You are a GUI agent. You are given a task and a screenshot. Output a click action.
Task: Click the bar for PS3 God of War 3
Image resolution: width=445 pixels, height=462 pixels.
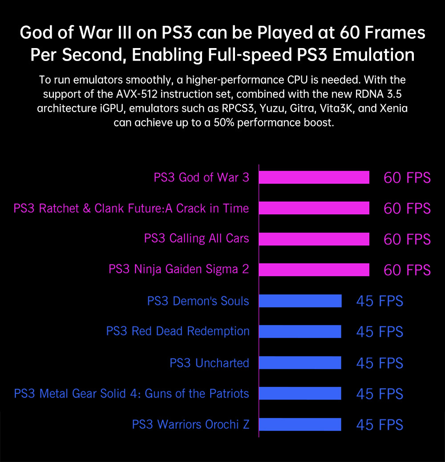(314, 177)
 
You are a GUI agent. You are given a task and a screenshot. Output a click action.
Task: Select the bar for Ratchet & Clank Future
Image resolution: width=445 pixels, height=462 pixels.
(314, 208)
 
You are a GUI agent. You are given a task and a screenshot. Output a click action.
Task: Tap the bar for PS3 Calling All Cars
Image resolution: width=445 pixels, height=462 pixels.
(314, 239)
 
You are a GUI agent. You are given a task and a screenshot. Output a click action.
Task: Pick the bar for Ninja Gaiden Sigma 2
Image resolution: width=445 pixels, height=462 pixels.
(314, 270)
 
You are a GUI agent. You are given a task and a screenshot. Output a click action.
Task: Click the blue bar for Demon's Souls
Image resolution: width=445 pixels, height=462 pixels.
(300, 301)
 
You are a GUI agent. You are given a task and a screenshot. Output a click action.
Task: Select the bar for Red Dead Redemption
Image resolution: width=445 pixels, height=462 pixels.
(300, 332)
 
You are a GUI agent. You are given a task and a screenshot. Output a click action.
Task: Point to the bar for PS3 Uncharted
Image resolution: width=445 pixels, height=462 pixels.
(300, 363)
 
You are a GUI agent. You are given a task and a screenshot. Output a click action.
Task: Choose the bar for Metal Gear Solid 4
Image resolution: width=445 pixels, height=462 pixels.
(300, 393)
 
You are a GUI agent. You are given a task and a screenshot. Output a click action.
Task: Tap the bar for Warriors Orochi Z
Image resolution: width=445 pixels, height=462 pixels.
(300, 424)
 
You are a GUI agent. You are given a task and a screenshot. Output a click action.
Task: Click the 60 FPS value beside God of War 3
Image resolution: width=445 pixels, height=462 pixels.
(407, 178)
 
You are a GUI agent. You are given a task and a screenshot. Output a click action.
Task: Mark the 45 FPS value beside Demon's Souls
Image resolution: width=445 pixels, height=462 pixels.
(380, 301)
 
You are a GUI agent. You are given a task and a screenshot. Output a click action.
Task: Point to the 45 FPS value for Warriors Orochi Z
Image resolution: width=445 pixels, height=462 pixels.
(380, 425)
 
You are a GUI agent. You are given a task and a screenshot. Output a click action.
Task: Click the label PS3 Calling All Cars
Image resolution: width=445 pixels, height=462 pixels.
(196, 239)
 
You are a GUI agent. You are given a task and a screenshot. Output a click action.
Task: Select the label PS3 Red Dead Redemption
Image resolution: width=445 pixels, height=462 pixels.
(178, 332)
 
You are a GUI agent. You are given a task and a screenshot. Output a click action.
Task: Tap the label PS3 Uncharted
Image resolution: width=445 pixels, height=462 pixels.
(209, 363)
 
